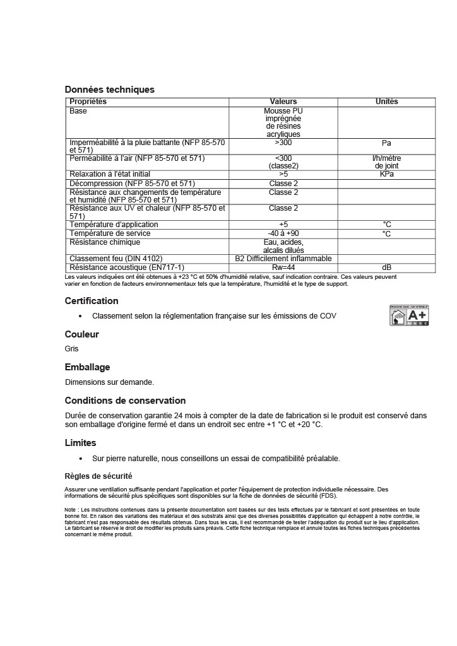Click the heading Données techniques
pos(110,90)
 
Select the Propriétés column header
pos(88,102)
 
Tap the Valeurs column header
pos(283,102)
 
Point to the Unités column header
pos(386,102)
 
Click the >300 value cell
pos(283,143)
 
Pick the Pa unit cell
pos(386,143)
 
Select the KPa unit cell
pos(386,174)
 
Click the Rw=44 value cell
pos(283,267)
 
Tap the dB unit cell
pos(386,267)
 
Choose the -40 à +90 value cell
pos(283,233)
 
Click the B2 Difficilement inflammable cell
pos(283,259)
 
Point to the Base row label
pos(78,111)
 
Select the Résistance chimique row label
pos(105,242)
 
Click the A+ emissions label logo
pos(408,315)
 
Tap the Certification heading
pos(92,301)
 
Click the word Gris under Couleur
pos(72,348)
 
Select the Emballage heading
pos(87,367)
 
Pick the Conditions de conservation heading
pos(125,401)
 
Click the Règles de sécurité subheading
pos(98,476)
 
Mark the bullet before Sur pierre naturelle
pos(80,459)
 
